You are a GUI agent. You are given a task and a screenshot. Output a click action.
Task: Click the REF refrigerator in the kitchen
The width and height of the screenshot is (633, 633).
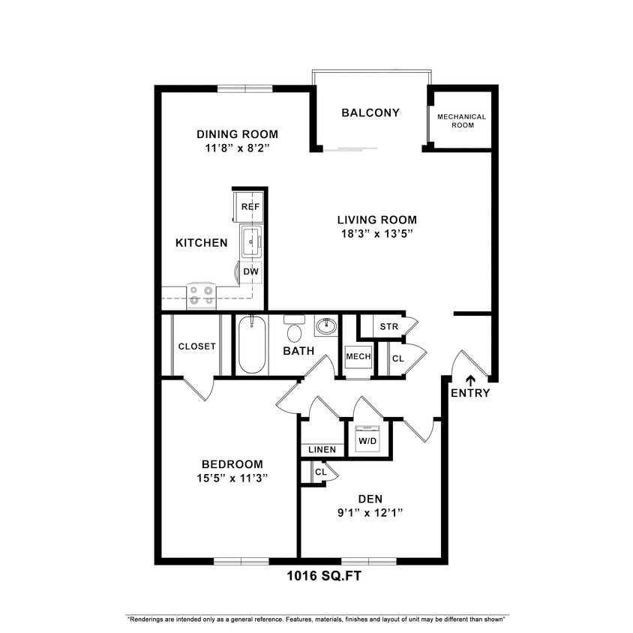[x=250, y=206]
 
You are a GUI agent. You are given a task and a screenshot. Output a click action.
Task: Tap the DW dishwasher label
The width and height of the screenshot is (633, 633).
[x=250, y=271]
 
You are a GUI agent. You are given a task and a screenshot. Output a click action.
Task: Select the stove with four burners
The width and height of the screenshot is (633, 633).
[x=201, y=295]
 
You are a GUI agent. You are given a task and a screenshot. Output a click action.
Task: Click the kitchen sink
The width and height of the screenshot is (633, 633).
[x=250, y=241]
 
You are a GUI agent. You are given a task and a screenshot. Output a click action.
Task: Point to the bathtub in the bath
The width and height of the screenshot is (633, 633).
[x=252, y=346]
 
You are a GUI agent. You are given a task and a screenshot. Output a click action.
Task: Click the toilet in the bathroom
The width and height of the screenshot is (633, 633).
[x=295, y=331]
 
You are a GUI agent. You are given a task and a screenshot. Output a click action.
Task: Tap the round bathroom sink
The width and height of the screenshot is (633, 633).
[x=326, y=326]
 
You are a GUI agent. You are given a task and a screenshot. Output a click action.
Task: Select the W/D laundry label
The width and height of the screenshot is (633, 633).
[x=367, y=441]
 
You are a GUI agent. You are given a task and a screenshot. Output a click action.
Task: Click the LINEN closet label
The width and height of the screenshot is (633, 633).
[x=322, y=449]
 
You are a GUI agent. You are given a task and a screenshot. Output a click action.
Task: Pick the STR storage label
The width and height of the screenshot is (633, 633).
[x=388, y=326]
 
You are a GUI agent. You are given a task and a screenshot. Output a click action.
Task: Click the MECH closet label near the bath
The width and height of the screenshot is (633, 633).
[x=358, y=356]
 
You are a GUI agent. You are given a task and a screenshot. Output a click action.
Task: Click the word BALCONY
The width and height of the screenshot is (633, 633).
[x=370, y=112]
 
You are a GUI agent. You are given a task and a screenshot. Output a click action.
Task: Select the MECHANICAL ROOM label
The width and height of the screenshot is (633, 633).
[x=461, y=121]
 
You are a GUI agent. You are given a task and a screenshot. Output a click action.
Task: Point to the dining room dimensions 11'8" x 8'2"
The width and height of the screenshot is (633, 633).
[x=237, y=148]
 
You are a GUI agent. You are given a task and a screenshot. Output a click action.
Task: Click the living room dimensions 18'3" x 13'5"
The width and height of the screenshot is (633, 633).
[x=376, y=234]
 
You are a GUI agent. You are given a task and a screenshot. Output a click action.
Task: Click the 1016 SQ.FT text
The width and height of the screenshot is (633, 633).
[x=327, y=577]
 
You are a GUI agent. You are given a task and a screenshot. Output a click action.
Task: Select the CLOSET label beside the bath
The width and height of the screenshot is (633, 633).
[x=197, y=346]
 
